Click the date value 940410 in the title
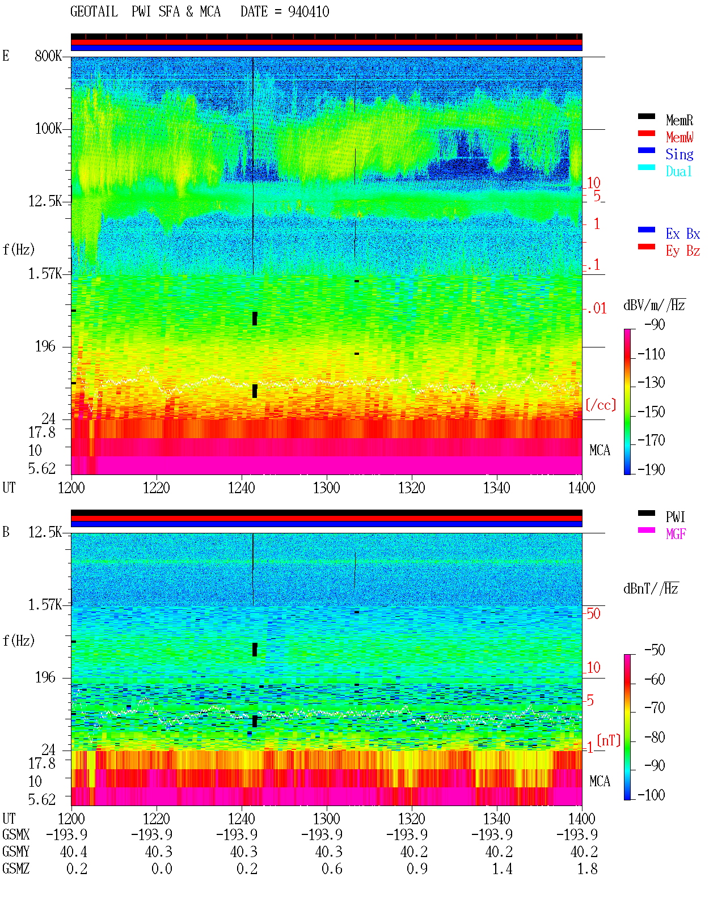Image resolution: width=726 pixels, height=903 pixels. point(308,12)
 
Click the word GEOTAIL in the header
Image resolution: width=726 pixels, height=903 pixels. point(94,12)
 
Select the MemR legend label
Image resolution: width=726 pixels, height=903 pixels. point(679,120)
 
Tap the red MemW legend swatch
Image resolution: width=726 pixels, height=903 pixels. point(646,133)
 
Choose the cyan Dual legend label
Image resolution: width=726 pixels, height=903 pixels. point(678,171)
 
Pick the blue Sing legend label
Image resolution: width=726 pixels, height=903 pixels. point(679,154)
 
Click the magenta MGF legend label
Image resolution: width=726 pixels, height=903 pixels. point(676,534)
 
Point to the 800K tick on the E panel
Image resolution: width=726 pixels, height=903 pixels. point(48,56)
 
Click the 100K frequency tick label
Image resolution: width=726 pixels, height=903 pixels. point(48,129)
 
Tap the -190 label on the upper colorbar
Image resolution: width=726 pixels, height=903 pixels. point(651,469)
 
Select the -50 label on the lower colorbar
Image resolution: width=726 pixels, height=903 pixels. point(655,650)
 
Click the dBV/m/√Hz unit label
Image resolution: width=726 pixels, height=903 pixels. point(654,305)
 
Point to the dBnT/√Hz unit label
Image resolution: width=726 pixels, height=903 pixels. point(651,589)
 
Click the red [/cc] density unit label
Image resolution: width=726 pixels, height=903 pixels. point(601,405)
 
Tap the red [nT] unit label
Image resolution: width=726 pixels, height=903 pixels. point(609,740)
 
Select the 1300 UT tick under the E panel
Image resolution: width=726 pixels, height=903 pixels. point(326,488)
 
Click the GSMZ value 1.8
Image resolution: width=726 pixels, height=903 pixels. point(587,868)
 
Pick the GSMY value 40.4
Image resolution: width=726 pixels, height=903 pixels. point(74,851)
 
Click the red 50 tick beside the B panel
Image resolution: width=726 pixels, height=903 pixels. point(593,614)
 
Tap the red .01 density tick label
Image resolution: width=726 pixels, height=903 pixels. point(597,309)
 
